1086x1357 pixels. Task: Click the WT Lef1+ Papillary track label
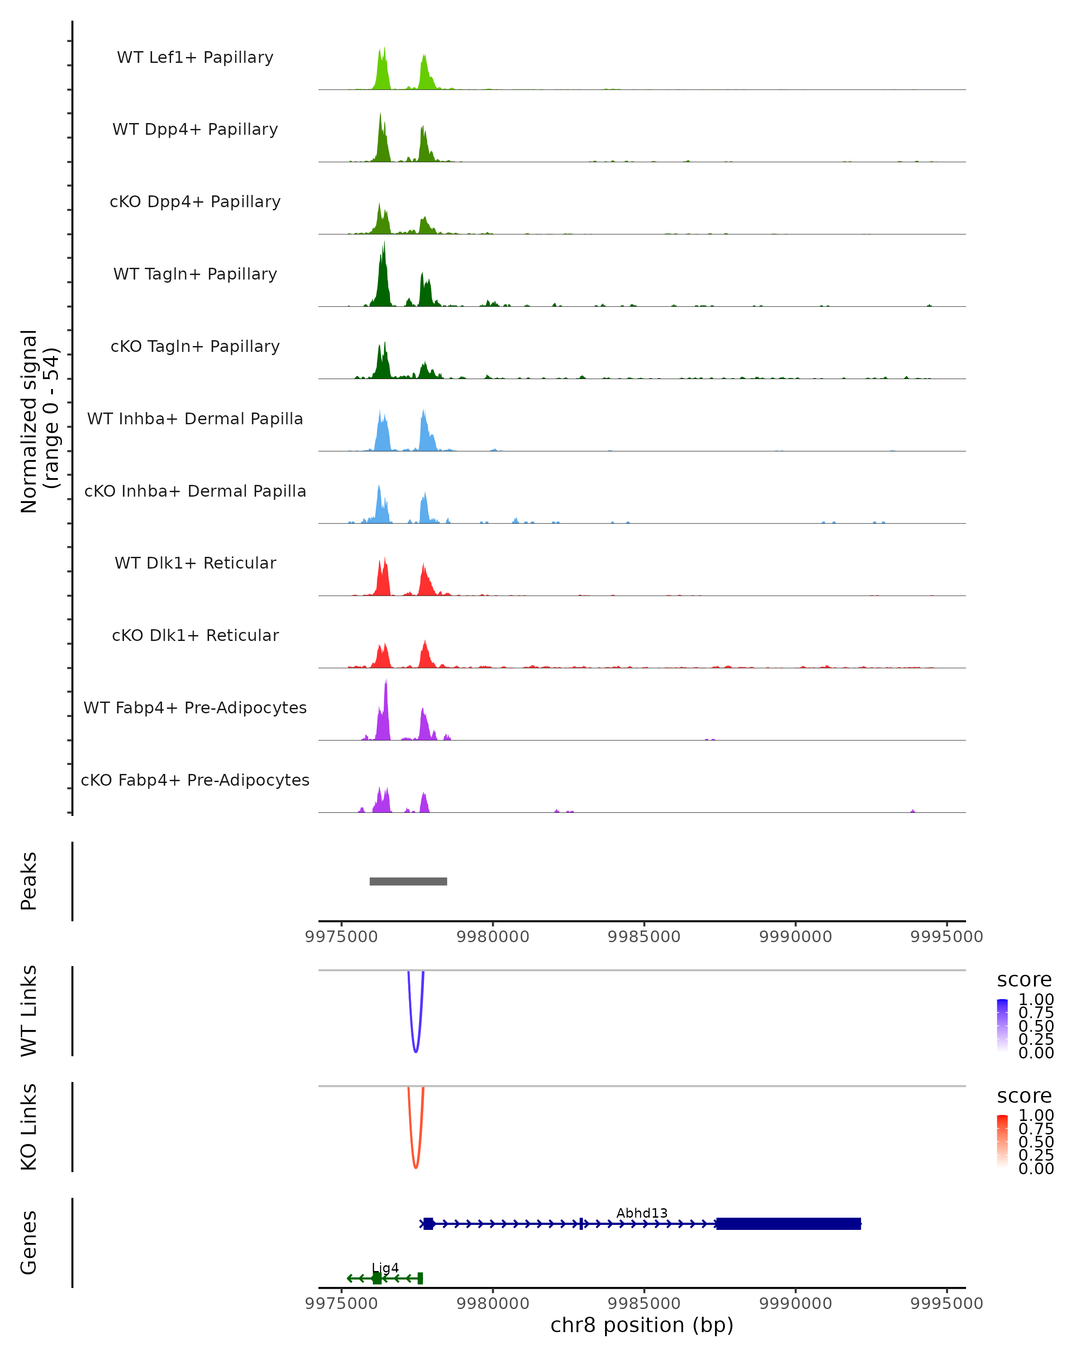(x=195, y=57)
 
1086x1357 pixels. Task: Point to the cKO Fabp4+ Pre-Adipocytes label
(x=195, y=780)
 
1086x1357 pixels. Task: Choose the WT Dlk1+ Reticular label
(x=195, y=563)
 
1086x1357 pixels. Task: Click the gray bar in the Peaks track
(x=408, y=881)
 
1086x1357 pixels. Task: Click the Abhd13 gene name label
(x=642, y=1213)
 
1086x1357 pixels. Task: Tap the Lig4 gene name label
(x=385, y=1267)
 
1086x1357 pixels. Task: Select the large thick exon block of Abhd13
(x=788, y=1224)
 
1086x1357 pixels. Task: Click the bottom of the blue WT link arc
(x=415, y=1051)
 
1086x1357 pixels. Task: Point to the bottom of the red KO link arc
(x=415, y=1167)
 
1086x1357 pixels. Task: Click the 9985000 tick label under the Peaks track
(x=644, y=937)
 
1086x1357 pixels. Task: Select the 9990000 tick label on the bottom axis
(x=796, y=1304)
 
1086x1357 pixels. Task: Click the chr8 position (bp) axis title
(x=642, y=1325)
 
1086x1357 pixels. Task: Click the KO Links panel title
(x=29, y=1127)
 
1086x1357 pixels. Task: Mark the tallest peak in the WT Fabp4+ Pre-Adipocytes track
(x=386, y=682)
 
